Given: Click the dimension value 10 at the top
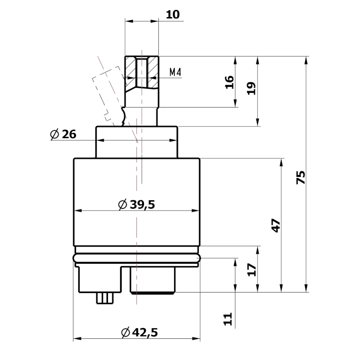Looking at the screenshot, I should click(x=172, y=14).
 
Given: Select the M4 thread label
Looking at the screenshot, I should click(x=175, y=72).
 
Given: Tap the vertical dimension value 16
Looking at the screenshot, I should click(x=229, y=82).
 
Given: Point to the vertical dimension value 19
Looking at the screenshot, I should click(x=252, y=88).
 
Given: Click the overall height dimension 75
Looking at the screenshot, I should click(x=301, y=177).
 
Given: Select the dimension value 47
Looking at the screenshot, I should click(x=276, y=225).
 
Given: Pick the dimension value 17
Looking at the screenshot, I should click(x=252, y=269).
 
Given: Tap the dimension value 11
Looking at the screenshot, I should click(x=229, y=319).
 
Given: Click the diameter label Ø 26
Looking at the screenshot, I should click(x=63, y=134).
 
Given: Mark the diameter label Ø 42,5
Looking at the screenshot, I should click(x=139, y=333).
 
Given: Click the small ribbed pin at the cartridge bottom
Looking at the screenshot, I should click(x=105, y=298).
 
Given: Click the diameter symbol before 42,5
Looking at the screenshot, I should click(x=126, y=333).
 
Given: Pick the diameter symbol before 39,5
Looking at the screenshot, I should click(x=122, y=205).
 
